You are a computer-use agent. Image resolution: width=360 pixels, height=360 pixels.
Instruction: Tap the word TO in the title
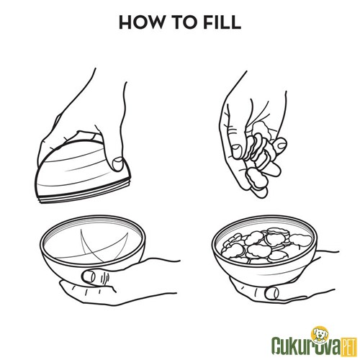182,22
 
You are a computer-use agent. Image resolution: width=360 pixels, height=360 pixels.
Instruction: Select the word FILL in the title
222,22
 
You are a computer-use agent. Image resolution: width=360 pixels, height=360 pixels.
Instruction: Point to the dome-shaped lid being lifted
82,171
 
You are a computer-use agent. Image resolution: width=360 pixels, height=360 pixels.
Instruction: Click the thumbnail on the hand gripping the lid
117,163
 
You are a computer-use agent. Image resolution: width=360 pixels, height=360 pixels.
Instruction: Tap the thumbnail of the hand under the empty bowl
89,276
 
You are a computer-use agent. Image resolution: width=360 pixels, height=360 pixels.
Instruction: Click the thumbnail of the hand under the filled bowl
272,293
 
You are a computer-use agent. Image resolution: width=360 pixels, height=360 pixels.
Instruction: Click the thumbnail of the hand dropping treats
237,151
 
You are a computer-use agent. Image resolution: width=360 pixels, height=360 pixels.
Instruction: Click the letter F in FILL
209,22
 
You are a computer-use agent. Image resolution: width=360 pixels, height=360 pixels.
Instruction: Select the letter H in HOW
125,22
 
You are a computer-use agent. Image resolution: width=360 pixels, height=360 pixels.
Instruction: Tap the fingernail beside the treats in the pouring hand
280,145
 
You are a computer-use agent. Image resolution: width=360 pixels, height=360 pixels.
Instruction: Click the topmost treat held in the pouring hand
260,128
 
